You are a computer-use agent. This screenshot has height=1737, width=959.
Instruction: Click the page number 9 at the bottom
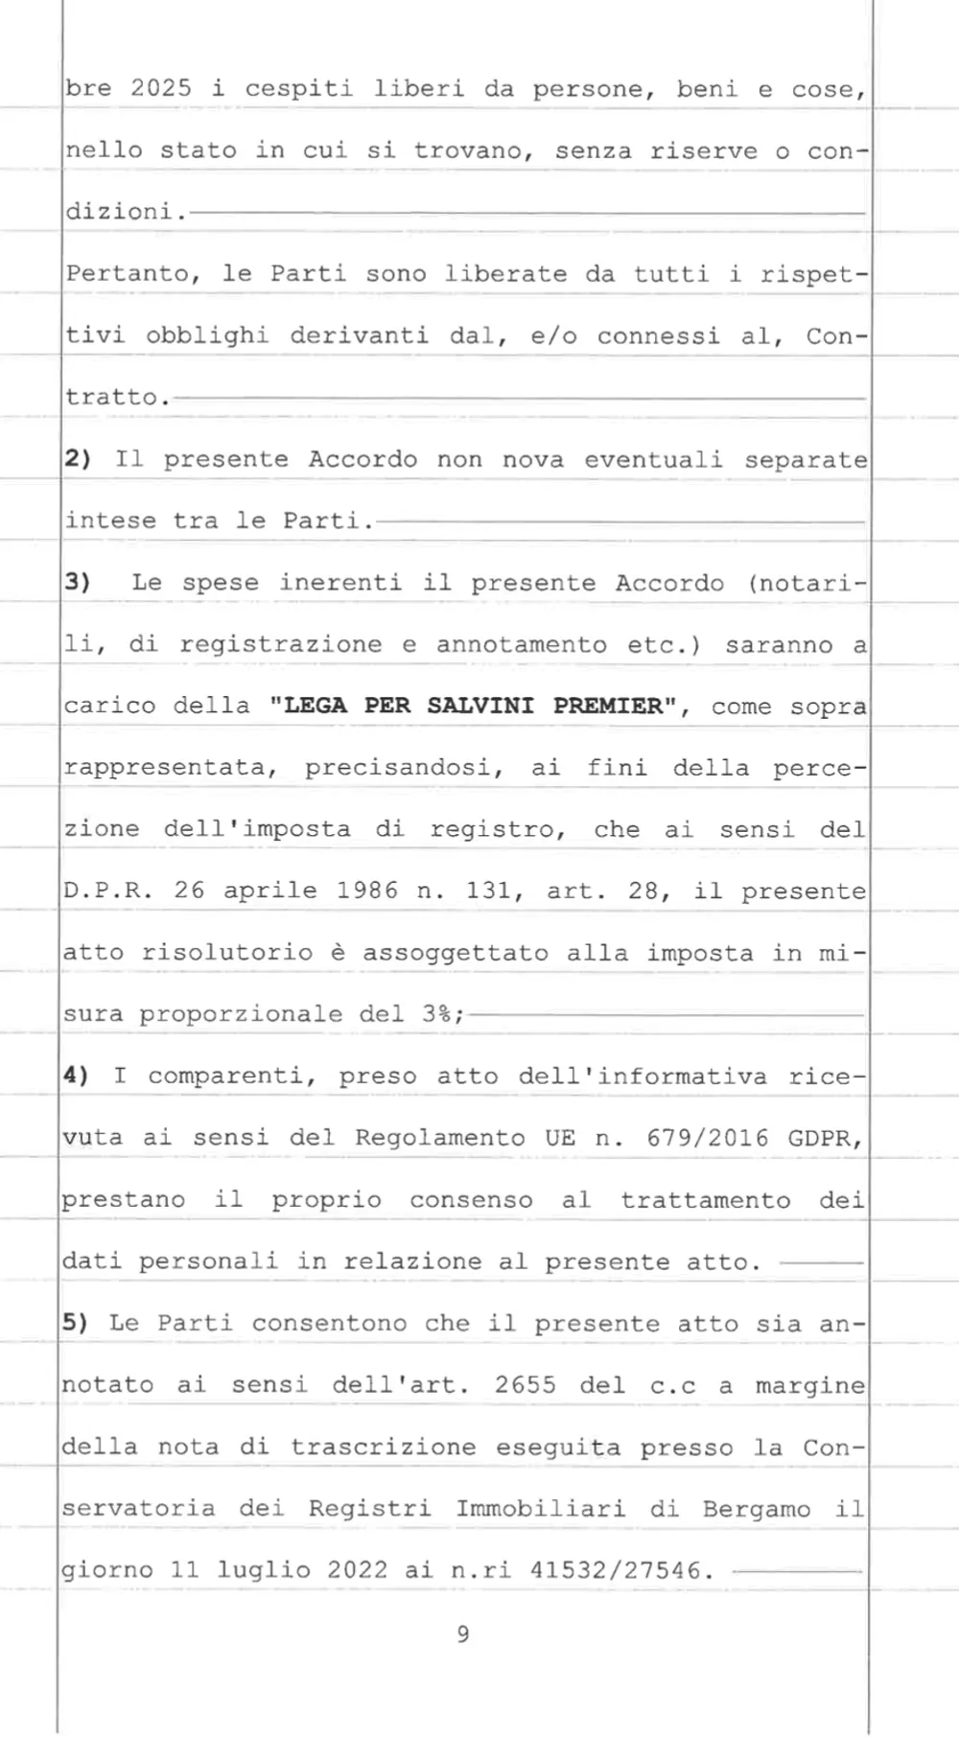pos(463,1634)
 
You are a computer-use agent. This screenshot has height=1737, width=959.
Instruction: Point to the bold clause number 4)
pos(76,1076)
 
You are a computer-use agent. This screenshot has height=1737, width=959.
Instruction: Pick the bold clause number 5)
pos(76,1323)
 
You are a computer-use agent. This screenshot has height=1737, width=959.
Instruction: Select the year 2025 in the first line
pos(161,89)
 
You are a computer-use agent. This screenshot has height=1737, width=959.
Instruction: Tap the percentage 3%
pos(436,1014)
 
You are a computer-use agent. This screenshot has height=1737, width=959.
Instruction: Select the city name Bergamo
pos(756,1509)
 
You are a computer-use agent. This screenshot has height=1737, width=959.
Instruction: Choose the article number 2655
pos(526,1385)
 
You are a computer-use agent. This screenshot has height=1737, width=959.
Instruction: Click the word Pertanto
pos(129,274)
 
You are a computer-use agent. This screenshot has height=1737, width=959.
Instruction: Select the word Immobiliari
pos(540,1509)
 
